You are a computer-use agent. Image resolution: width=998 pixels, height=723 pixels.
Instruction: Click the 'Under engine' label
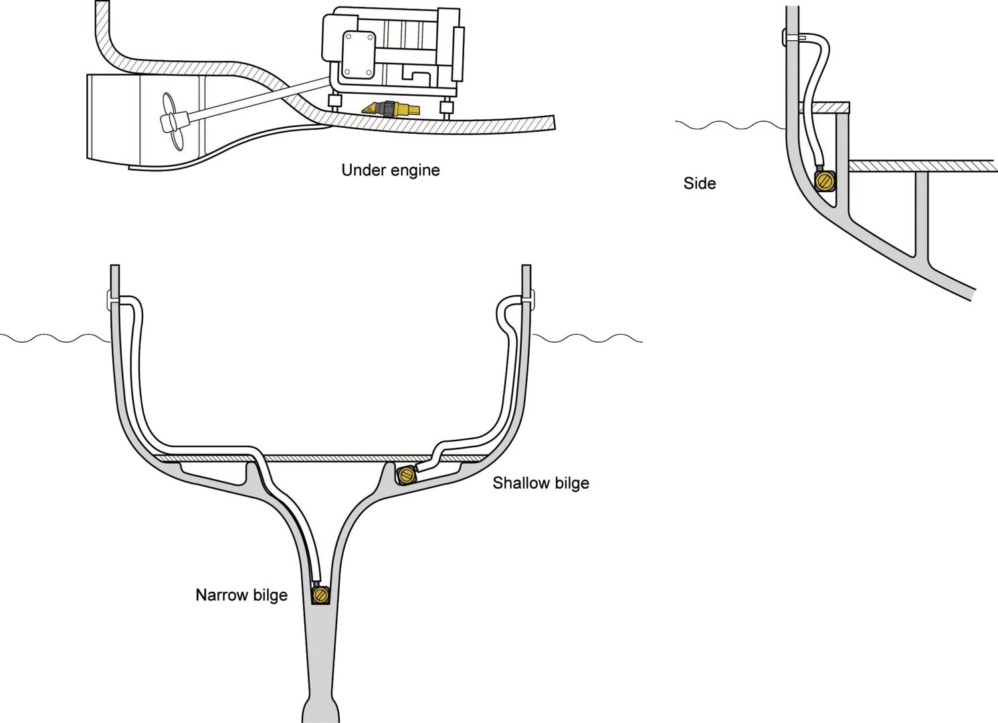point(391,170)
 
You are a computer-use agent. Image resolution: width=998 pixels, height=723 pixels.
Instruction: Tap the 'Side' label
point(700,183)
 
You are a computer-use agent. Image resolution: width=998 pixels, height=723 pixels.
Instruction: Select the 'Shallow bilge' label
point(540,483)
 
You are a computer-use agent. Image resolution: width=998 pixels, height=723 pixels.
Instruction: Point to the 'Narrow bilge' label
point(241,595)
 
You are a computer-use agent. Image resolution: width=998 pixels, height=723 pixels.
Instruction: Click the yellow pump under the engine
point(391,108)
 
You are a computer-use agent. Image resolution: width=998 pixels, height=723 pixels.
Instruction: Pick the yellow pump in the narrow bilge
point(321,594)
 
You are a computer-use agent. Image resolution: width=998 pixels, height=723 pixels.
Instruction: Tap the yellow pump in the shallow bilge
point(406,476)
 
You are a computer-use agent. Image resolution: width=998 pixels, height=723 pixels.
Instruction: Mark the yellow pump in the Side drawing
point(825,181)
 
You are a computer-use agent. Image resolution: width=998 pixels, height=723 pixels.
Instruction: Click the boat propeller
point(172,122)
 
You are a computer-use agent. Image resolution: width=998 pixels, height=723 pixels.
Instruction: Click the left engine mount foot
point(336,103)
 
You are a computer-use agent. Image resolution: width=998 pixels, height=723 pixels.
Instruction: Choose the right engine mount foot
point(446,106)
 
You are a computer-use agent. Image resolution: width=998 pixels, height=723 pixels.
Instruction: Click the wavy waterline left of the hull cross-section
point(54,338)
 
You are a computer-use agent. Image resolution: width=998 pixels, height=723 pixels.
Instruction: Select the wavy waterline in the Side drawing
point(729,125)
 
